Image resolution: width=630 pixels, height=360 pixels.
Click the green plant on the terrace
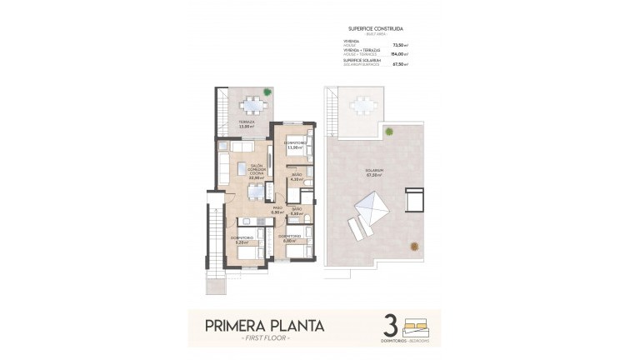tap(267, 91)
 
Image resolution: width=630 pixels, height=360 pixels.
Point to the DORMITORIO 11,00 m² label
tap(292, 146)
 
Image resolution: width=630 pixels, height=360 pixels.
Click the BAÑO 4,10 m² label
tap(296, 176)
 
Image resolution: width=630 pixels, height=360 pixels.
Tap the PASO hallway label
tap(278, 211)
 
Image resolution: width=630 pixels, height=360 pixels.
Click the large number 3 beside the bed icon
tap(390, 325)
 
